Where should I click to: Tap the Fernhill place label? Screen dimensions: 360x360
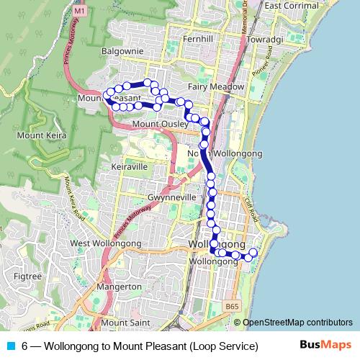(198, 37)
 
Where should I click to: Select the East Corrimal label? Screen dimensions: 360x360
(292, 6)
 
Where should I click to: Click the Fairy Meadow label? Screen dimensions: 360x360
(216, 87)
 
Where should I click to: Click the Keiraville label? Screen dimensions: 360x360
(130, 166)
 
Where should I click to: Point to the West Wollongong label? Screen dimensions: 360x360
(106, 244)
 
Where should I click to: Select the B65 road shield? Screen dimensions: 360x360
(231, 307)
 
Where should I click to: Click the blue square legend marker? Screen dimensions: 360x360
(10, 346)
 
